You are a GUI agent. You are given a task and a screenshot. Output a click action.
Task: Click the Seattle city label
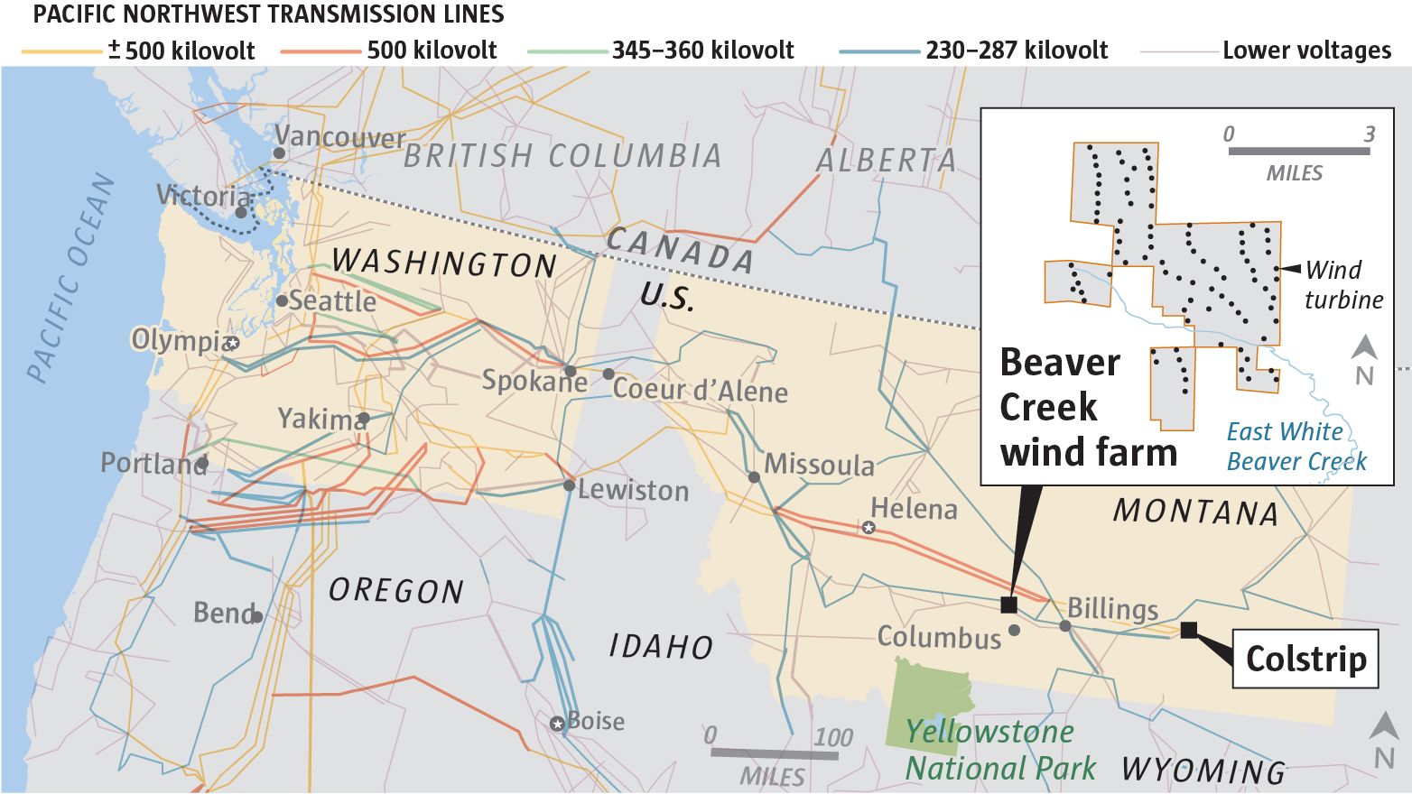click(x=332, y=300)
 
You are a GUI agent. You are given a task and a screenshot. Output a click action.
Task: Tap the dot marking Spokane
click(x=570, y=370)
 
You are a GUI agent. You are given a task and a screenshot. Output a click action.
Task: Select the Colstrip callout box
click(x=1305, y=659)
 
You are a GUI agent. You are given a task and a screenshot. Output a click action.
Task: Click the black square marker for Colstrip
click(x=1189, y=630)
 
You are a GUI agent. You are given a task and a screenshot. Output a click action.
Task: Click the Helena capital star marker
click(x=869, y=527)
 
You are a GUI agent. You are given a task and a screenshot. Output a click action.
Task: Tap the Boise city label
click(x=595, y=722)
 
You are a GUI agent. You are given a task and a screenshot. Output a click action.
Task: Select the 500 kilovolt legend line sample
click(x=320, y=51)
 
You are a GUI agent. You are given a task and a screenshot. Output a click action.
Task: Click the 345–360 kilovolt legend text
click(x=702, y=51)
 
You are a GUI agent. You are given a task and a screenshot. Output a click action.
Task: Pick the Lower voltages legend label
click(x=1306, y=51)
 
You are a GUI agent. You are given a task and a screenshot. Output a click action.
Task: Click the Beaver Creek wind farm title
click(x=1088, y=407)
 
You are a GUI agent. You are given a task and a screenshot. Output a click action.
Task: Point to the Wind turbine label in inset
click(x=1343, y=284)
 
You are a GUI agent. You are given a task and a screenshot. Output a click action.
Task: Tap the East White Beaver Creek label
click(x=1296, y=447)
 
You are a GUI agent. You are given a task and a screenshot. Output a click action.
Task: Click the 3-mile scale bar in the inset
click(x=1298, y=151)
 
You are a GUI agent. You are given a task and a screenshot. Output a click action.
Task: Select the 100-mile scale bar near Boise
click(x=773, y=752)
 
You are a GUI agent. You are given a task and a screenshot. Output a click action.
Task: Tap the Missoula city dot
click(x=754, y=476)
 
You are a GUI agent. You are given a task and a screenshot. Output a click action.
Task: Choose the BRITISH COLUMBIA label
click(x=562, y=156)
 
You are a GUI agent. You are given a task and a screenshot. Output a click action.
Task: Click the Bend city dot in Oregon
click(x=257, y=617)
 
